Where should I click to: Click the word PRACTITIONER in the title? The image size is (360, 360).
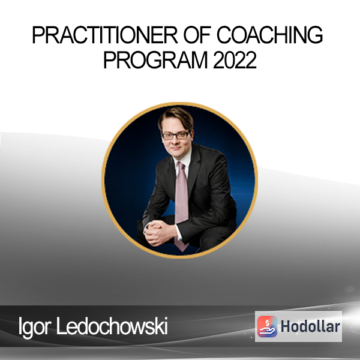pos(105,35)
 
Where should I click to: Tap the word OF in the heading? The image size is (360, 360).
pos(197,35)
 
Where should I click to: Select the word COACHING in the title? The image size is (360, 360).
pos(270,35)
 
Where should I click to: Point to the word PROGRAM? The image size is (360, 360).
pos(155,60)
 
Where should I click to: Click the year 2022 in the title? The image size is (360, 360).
pos(235,60)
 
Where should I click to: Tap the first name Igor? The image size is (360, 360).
pos(35,327)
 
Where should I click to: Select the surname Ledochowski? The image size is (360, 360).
pos(112,326)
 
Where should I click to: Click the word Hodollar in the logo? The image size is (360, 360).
pos(310,326)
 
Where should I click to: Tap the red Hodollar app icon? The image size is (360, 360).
pos(267,326)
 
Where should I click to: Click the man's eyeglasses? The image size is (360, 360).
pos(176,136)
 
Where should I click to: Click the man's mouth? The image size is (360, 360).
pos(175,148)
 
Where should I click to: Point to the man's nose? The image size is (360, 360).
pos(175,141)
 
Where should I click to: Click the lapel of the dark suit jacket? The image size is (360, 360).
pos(194,167)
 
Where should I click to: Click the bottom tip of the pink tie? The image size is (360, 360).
pos(182,251)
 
